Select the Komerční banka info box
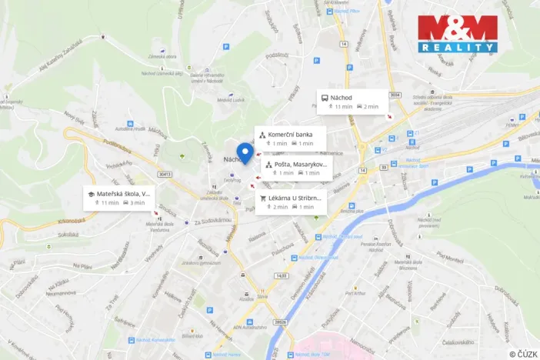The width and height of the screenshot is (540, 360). (x=290, y=138)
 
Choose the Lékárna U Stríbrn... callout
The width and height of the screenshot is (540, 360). (x=291, y=202)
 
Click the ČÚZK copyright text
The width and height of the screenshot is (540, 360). (x=522, y=353)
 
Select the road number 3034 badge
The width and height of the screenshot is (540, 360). (x=395, y=95)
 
